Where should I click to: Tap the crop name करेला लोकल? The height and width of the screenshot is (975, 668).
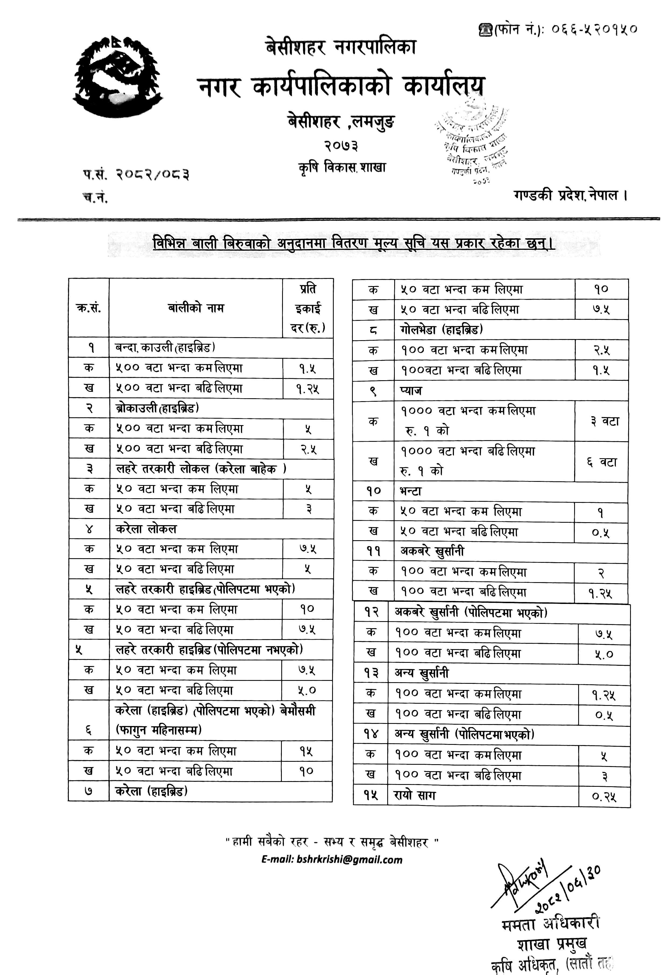pyautogui.click(x=146, y=529)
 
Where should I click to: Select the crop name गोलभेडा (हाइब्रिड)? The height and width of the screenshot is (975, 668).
pyautogui.click(x=441, y=330)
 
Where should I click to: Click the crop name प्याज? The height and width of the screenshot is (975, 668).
pyautogui.click(x=411, y=391)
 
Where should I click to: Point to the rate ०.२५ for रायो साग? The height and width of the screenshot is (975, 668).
pyautogui.click(x=604, y=795)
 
